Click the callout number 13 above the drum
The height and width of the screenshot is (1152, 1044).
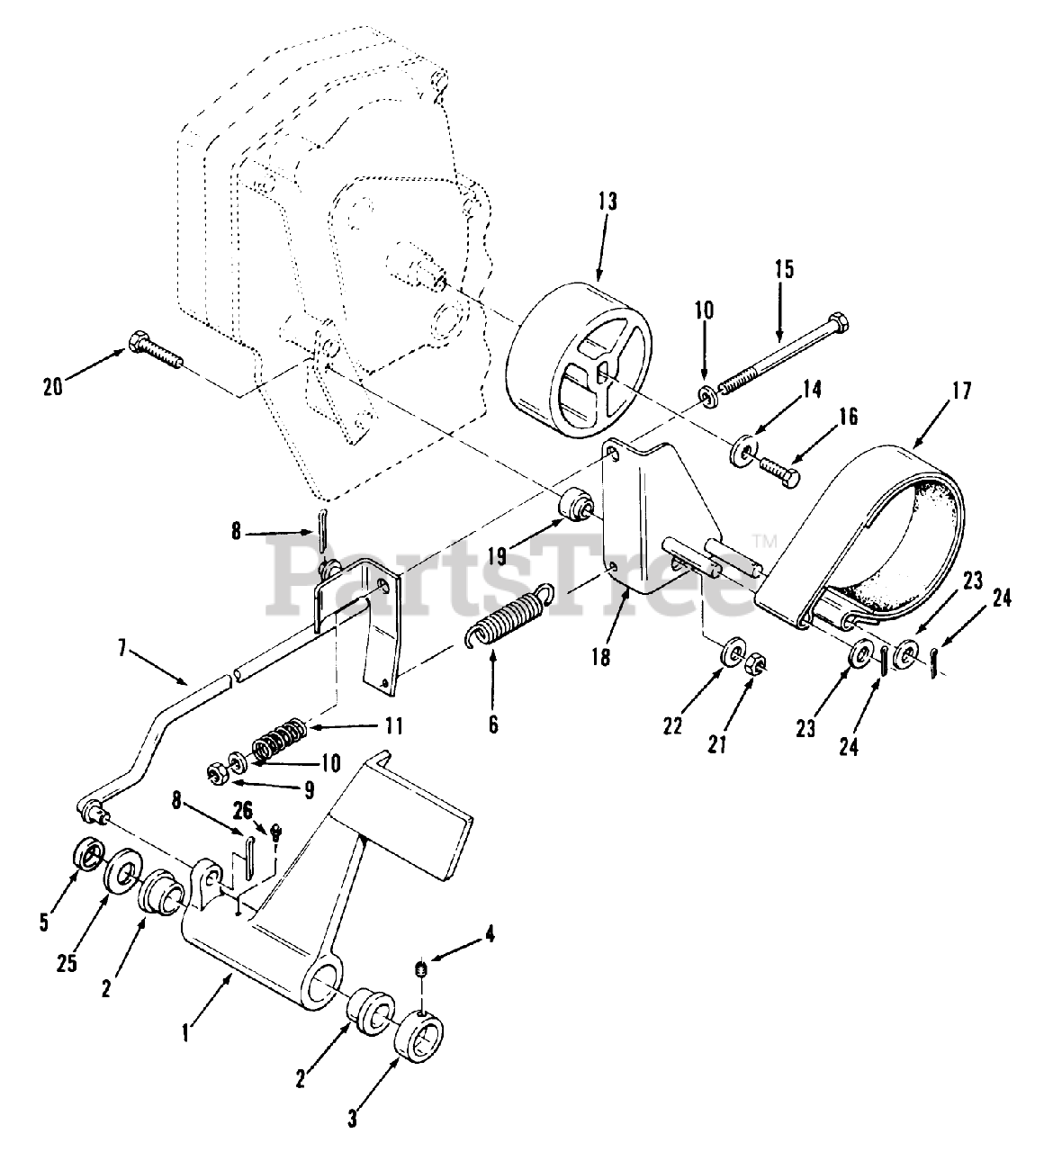pos(607,203)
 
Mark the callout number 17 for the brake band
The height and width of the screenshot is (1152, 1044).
pos(960,391)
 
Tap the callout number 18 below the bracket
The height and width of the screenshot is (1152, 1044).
pos(600,658)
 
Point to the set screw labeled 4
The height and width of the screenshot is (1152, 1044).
pos(421,968)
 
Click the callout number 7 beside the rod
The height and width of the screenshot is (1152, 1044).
pos(121,648)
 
